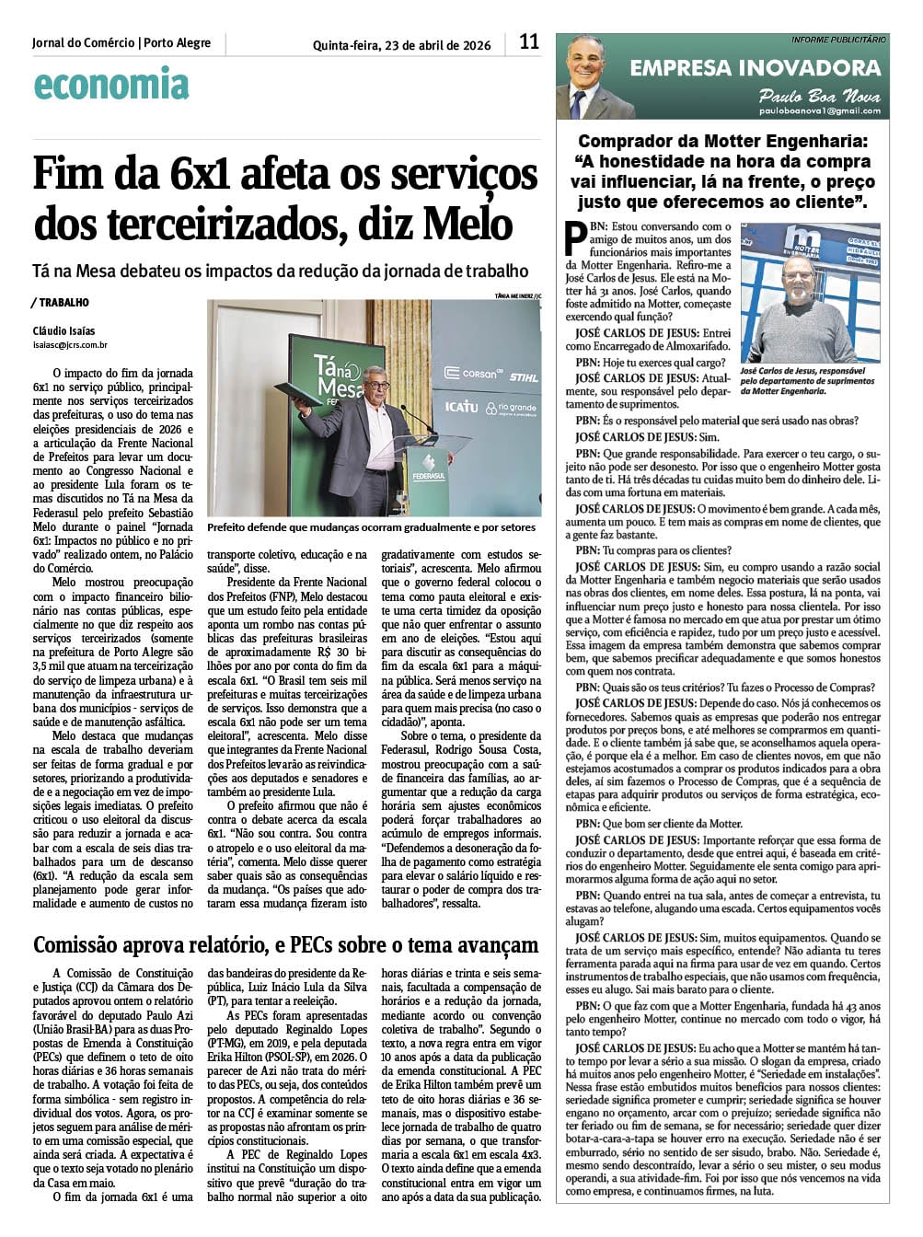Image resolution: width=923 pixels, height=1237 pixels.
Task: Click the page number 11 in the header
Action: coord(528,41)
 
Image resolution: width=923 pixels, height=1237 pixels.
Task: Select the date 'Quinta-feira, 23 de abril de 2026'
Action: coord(402,45)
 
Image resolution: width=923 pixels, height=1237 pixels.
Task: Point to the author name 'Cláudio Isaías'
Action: coord(63,331)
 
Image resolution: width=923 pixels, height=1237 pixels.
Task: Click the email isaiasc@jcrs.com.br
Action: coord(70,345)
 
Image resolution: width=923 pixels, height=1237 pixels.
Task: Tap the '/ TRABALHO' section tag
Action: coord(61,302)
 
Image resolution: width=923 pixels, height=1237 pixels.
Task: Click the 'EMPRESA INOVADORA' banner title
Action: coord(755,67)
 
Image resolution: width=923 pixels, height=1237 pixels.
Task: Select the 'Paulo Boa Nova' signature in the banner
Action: coord(819,96)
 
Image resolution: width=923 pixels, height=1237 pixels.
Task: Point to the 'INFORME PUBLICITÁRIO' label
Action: coord(838,40)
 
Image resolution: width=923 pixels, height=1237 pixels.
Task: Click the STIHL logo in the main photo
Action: coord(524,376)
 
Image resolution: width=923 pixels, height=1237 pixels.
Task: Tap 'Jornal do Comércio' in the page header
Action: coord(83,43)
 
